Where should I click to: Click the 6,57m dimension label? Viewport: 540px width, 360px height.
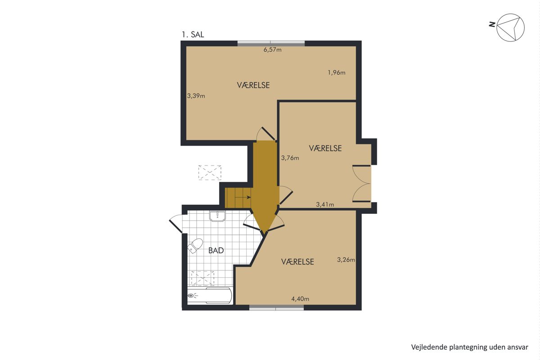(272, 49)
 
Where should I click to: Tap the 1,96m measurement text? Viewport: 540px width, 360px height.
(337, 72)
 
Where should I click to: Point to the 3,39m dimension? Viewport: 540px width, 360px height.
(196, 96)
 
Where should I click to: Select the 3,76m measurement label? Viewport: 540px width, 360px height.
(290, 158)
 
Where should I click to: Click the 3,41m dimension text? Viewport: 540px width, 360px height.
(325, 204)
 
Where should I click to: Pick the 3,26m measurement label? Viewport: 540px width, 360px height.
(346, 260)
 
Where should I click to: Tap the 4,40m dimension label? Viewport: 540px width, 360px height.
(300, 299)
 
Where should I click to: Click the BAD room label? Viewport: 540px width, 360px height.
(216, 251)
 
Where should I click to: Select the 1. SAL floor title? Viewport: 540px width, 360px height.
(193, 35)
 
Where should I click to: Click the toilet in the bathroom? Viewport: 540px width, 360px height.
(195, 246)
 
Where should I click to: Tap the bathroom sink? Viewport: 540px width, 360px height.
(217, 216)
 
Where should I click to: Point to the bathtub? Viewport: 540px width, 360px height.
(210, 295)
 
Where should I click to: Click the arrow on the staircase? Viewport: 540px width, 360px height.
(243, 198)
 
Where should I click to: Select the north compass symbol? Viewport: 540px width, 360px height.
(510, 27)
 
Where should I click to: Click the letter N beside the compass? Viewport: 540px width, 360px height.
(492, 24)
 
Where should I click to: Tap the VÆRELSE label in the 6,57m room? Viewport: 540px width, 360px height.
(253, 85)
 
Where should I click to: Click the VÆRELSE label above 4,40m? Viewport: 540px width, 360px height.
(297, 261)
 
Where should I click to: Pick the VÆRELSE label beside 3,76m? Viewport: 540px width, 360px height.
(325, 148)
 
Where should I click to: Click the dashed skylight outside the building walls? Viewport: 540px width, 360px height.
(210, 172)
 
